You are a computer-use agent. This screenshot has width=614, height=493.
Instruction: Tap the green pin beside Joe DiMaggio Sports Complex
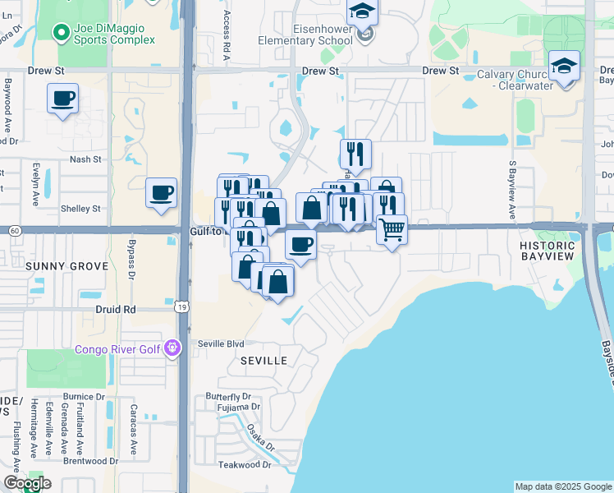[60, 33]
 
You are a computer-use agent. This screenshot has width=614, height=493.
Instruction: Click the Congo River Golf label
[117, 348]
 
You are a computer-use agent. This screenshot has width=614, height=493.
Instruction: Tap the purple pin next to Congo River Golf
[171, 348]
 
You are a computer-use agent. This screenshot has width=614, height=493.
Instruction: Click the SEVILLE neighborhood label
[263, 361]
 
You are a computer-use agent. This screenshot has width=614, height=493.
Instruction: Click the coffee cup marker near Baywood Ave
[62, 99]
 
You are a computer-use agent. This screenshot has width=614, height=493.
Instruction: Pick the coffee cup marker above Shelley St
[161, 193]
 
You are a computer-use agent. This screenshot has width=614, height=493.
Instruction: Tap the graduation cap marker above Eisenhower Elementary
[360, 12]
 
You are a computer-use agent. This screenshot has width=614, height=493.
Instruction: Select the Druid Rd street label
[118, 310]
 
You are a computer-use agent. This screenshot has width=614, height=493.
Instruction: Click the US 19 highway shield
[181, 306]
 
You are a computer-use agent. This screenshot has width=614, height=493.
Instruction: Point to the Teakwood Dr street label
[239, 465]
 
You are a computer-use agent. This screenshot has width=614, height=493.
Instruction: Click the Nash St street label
[85, 159]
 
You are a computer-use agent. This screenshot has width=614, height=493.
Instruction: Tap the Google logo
[27, 483]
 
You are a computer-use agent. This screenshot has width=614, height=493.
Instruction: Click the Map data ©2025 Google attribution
[563, 486]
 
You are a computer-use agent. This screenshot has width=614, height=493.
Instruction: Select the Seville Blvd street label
[222, 343]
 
